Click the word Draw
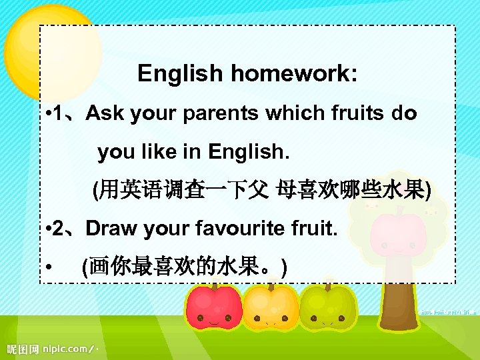(109, 229)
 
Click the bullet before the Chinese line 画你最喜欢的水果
(51, 269)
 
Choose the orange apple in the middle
(270, 308)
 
